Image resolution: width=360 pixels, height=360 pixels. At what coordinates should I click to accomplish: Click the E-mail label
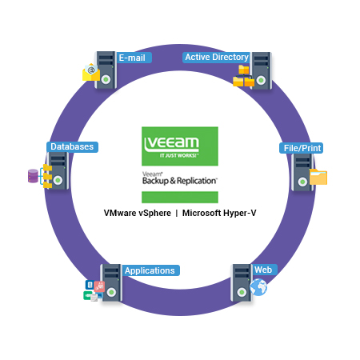pyautogui.click(x=134, y=58)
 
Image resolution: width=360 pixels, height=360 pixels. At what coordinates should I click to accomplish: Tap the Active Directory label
pyautogui.click(x=216, y=58)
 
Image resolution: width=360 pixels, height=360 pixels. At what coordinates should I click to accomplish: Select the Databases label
pyautogui.click(x=72, y=147)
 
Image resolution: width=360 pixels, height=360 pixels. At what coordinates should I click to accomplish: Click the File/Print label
pyautogui.click(x=302, y=148)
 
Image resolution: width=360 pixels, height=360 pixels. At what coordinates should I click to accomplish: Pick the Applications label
pyautogui.click(x=150, y=270)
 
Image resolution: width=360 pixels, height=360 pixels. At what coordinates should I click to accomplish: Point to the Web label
pyautogui.click(x=264, y=270)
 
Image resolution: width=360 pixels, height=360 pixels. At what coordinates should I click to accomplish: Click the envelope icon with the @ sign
pyautogui.click(x=91, y=72)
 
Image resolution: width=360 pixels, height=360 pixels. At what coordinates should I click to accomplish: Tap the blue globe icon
pyautogui.click(x=258, y=287)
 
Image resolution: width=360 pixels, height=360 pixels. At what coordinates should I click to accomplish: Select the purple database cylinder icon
pyautogui.click(x=33, y=176)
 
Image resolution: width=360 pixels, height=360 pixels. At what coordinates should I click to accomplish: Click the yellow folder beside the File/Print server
pyautogui.click(x=318, y=177)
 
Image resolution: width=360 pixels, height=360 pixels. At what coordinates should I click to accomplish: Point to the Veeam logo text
pyautogui.click(x=171, y=143)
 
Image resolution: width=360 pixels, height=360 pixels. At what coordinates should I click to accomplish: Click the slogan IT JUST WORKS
pyautogui.click(x=179, y=155)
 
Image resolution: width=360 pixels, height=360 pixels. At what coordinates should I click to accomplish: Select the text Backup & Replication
pyautogui.click(x=180, y=181)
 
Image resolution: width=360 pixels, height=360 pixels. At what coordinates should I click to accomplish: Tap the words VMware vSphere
pyautogui.click(x=138, y=213)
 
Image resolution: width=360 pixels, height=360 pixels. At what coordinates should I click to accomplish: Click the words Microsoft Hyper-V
pyautogui.click(x=219, y=213)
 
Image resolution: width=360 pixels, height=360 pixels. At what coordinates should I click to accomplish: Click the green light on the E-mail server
pyautogui.click(x=106, y=79)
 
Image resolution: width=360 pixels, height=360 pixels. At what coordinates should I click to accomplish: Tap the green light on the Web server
pyautogui.click(x=242, y=292)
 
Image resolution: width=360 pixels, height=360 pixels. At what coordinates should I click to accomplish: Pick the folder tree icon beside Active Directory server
pyautogui.click(x=243, y=76)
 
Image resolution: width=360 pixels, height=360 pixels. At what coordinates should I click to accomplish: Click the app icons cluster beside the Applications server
pyautogui.click(x=94, y=290)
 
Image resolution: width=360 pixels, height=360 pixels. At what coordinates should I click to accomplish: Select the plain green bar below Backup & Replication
pyautogui.click(x=180, y=197)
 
